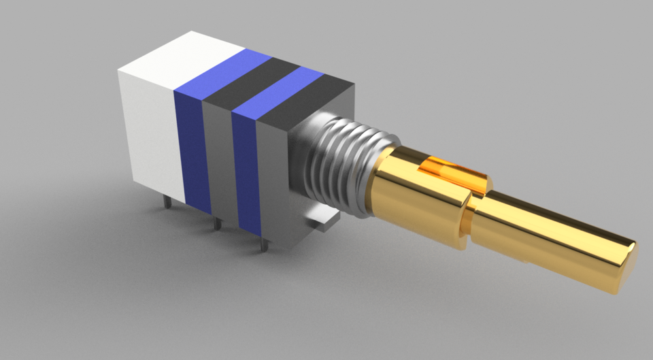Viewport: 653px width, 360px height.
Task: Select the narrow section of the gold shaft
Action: point(544,238)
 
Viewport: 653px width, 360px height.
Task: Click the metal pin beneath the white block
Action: point(166,201)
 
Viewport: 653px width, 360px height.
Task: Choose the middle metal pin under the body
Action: point(216,223)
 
